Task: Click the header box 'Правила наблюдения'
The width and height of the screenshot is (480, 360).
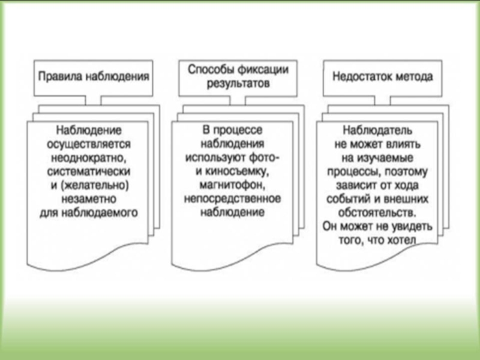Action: (x=93, y=77)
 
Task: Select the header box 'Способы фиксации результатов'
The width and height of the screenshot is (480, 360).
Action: (x=238, y=77)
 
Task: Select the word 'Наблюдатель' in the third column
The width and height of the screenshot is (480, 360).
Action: (x=376, y=131)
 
